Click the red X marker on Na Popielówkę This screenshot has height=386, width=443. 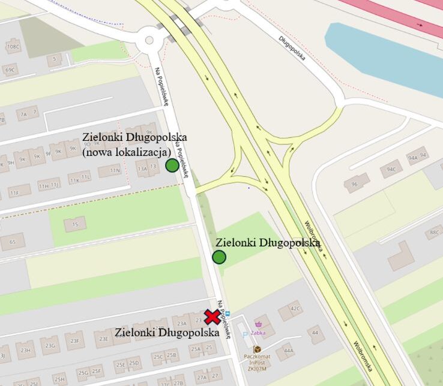[211, 317]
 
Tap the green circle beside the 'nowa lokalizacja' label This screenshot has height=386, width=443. [172, 165]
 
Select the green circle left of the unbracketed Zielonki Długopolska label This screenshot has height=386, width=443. [219, 257]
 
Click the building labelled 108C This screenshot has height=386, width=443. [13, 46]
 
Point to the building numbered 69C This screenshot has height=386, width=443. [10, 70]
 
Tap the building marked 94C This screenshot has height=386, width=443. [391, 169]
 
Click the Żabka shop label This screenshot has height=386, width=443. [259, 332]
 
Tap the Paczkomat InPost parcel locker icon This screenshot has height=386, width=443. [257, 349]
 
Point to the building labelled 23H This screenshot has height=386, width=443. [25, 349]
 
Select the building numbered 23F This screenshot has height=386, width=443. [74, 340]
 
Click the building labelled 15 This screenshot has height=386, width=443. [75, 224]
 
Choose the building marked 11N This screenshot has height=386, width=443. [109, 171]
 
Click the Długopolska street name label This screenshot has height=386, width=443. [292, 49]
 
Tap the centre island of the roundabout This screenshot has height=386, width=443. [149, 41]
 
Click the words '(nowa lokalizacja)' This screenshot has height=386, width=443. [127, 152]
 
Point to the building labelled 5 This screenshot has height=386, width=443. [55, 59]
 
